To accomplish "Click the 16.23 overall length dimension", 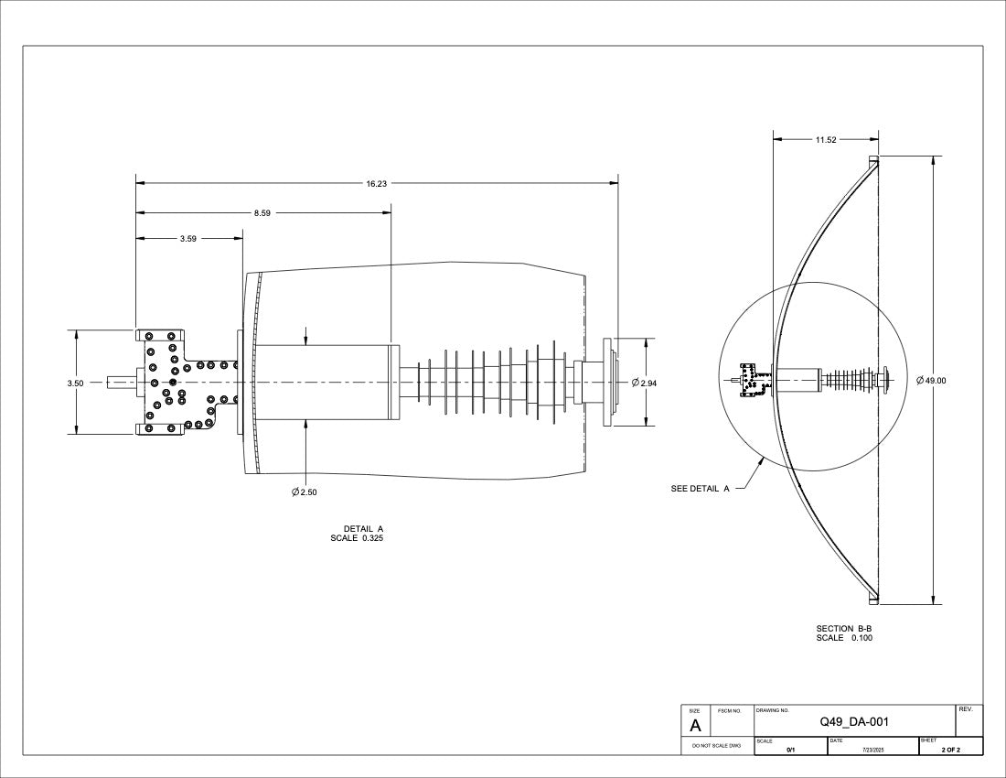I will [377, 184].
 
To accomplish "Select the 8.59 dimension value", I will [262, 213].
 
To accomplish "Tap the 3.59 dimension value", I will [188, 239].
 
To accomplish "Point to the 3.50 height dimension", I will [75, 384].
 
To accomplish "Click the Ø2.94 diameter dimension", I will [644, 383].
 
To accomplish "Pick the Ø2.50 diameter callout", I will [305, 492].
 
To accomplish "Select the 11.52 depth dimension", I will [826, 140].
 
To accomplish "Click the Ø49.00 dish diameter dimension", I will [931, 380].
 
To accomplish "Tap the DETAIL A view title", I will [363, 529].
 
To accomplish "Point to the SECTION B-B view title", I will [844, 629].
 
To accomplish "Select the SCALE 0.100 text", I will [844, 638].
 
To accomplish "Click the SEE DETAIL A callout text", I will [700, 489].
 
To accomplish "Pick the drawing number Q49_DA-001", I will [854, 722].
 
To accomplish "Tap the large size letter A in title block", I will [695, 726].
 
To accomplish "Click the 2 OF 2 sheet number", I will [951, 750].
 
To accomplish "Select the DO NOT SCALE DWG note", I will [717, 746].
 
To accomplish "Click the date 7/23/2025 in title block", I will [873, 750].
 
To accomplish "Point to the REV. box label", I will [966, 709].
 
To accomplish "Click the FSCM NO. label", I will [729, 710].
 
